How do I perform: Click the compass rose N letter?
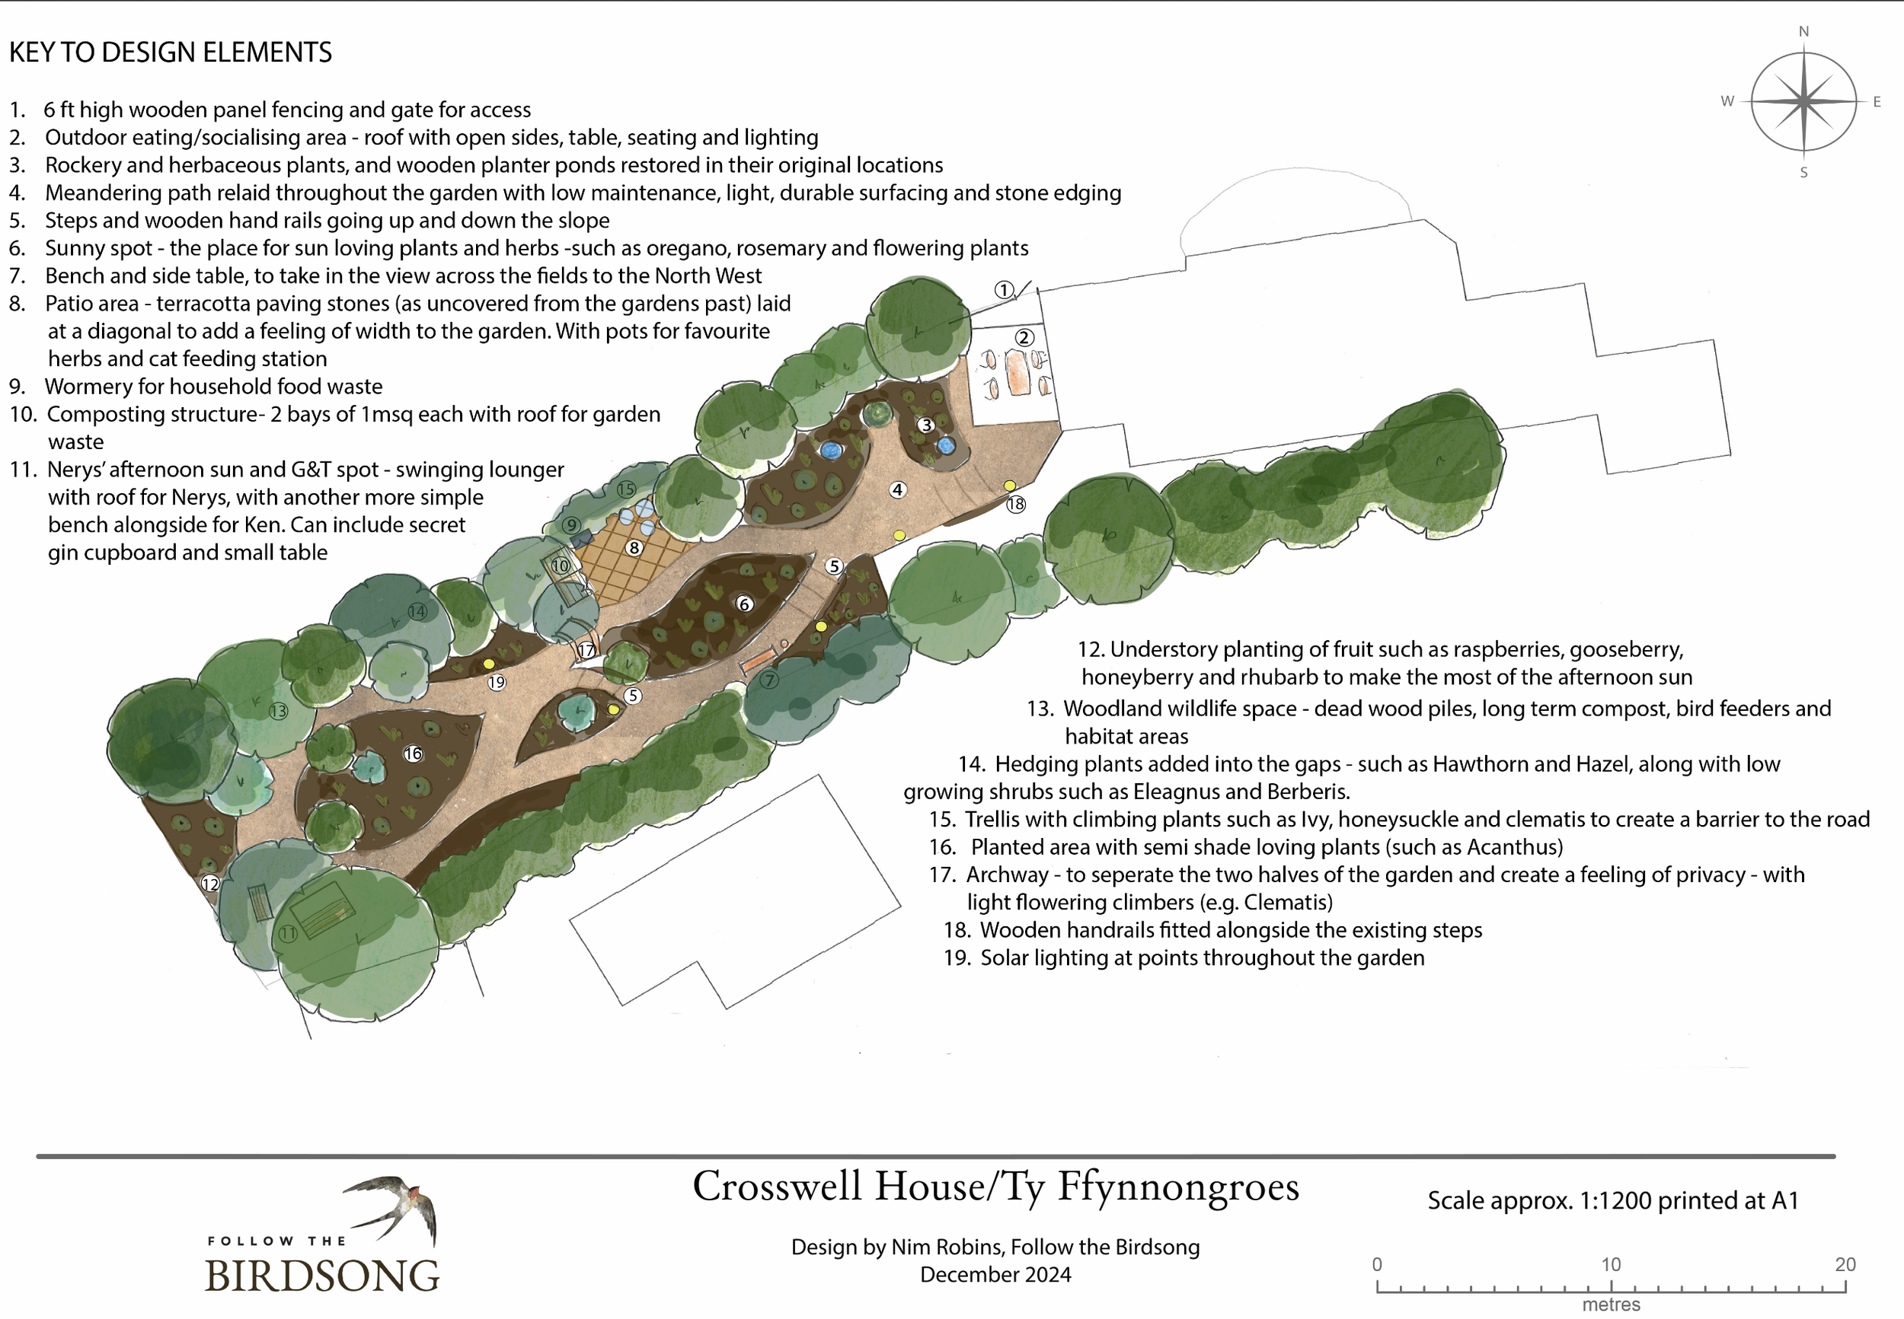point(1803,31)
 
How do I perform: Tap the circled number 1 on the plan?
point(1004,290)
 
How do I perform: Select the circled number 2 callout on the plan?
point(1024,337)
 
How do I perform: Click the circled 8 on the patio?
point(634,547)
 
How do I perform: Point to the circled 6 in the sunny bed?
point(744,604)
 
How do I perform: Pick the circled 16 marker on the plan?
point(413,753)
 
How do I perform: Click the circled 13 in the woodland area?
point(278,711)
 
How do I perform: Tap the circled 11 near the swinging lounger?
point(287,934)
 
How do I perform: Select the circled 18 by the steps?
point(1015,504)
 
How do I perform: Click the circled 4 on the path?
point(898,489)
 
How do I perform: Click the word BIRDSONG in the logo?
point(321,1275)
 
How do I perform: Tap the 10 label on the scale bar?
point(1611,1264)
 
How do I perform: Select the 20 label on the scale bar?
point(1845,1264)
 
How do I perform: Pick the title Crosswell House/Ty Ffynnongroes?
point(995,1187)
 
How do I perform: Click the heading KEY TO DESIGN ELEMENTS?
point(171,52)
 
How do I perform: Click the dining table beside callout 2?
point(1017,373)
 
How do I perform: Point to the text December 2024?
point(995,1274)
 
